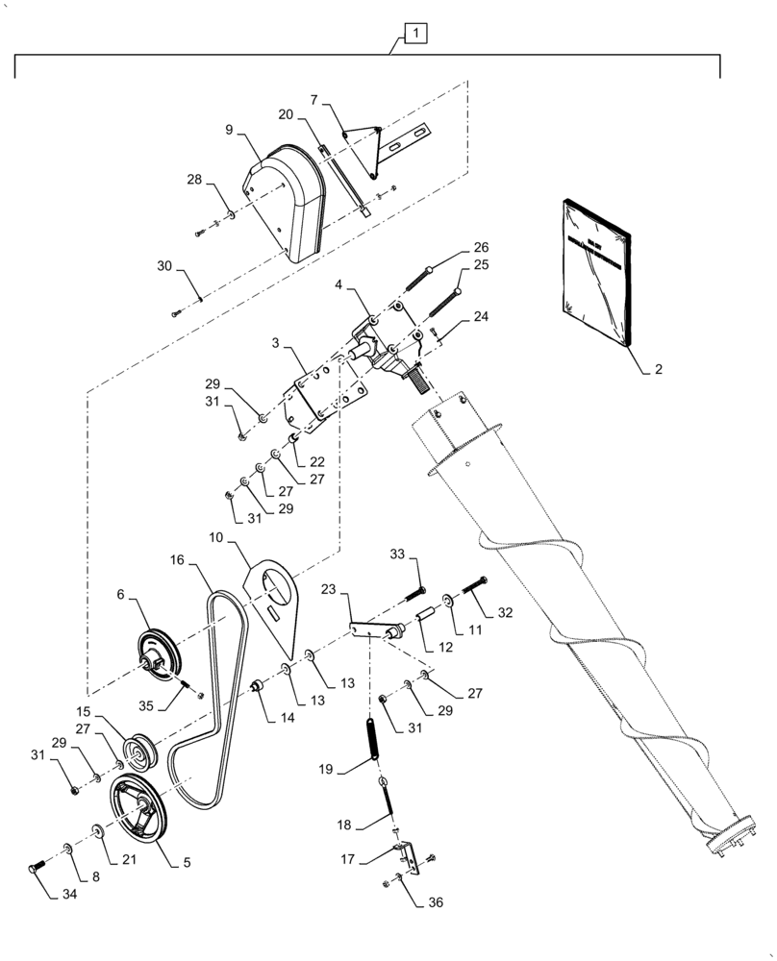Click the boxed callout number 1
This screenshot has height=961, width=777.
pos(415,35)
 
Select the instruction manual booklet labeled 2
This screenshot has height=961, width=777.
pos(593,273)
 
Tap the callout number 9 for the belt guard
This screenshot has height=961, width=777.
pos(229,129)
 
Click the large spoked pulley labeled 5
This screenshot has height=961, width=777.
pos(138,809)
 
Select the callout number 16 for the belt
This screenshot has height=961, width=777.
pos(177,558)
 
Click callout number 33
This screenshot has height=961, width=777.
pos(397,555)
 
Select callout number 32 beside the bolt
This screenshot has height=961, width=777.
pos(504,611)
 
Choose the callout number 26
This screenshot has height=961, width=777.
pos(480,246)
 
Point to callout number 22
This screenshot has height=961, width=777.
pos(316,462)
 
